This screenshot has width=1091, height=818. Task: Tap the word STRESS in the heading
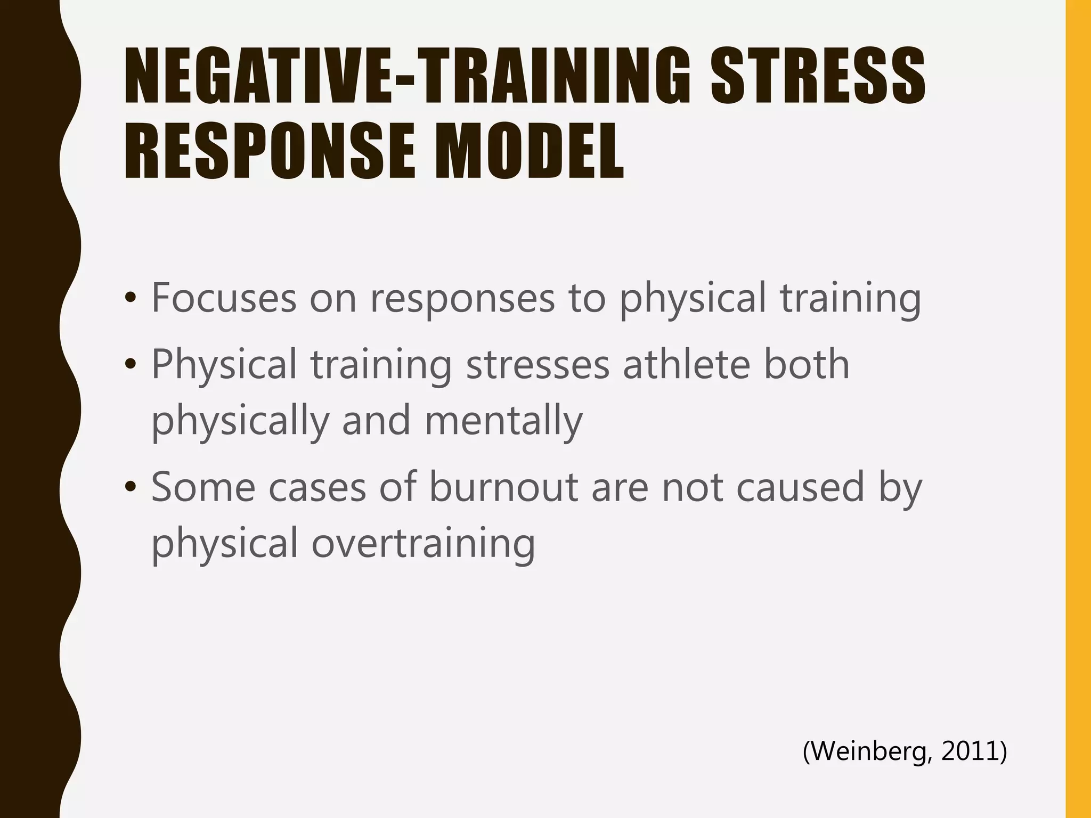(x=818, y=76)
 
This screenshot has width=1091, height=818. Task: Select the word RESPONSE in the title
(x=269, y=152)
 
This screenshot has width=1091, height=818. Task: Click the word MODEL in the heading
(x=529, y=152)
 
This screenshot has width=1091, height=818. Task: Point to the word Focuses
(x=224, y=298)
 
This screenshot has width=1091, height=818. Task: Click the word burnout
(x=503, y=487)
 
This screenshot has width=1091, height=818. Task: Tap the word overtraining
(x=423, y=543)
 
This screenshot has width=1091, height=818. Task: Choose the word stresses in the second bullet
(x=538, y=365)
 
